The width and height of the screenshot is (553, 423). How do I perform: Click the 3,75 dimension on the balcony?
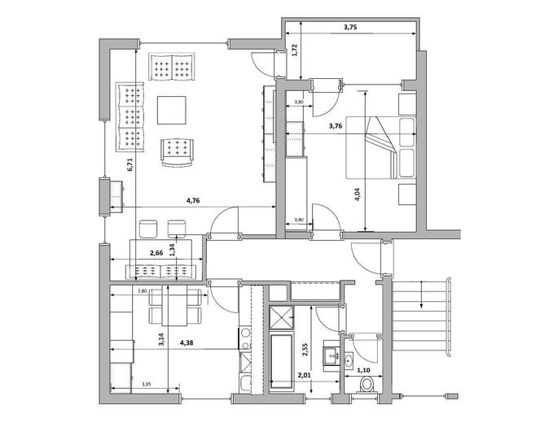(350, 26)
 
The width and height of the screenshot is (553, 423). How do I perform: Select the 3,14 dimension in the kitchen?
(160, 341)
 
